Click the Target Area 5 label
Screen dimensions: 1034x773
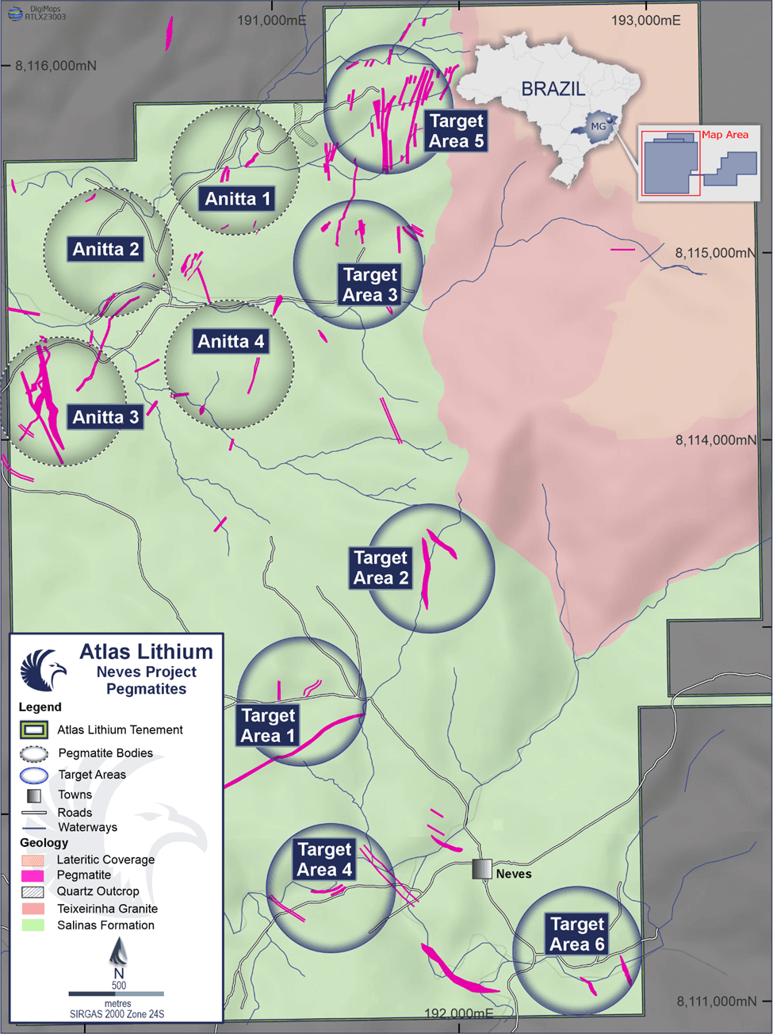tap(456, 131)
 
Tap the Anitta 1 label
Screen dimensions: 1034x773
tap(237, 199)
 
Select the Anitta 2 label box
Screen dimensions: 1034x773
tap(105, 250)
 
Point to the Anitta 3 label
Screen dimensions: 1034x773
tap(105, 417)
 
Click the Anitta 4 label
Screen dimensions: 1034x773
tap(231, 342)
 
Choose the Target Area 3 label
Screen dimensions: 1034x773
tap(369, 285)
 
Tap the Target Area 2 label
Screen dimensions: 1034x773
tap(381, 568)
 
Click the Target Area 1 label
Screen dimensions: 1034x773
tap(268, 726)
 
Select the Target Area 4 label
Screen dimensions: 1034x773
tap(324, 860)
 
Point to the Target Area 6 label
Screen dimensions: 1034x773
tap(577, 934)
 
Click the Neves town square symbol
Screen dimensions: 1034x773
tap(481, 869)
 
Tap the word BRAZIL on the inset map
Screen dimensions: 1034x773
tap(553, 89)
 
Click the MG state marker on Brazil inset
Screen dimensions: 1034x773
tap(598, 126)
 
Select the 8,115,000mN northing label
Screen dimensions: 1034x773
tap(714, 253)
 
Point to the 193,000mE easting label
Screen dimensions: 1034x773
tap(645, 21)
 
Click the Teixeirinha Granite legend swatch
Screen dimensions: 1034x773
tap(33, 909)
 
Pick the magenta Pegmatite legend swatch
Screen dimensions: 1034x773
tap(33, 875)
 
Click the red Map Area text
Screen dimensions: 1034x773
tap(725, 135)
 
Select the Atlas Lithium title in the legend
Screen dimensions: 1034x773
tap(147, 652)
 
